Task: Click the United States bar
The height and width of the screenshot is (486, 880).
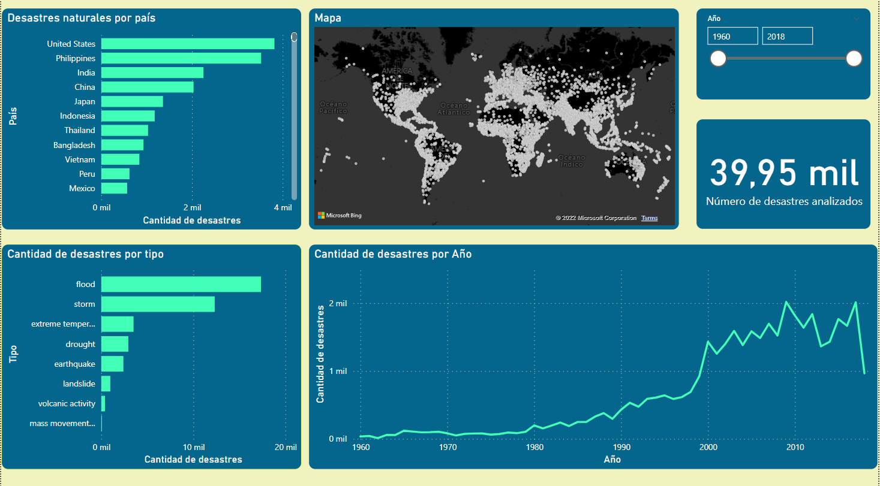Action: coord(187,44)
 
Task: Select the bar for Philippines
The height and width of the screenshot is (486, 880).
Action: coord(181,58)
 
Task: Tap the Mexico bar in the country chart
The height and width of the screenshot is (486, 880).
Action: coord(114,188)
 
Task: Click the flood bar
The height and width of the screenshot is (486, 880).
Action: coord(181,284)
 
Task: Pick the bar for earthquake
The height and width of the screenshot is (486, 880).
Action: coord(112,364)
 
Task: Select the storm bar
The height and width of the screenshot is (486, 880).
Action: coord(158,304)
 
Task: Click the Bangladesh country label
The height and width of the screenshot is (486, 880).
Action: coord(74,145)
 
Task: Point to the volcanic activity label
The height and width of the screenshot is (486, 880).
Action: coord(67,403)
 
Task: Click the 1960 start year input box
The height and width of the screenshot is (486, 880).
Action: coord(732,37)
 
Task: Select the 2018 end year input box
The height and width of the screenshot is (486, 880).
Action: coord(787,37)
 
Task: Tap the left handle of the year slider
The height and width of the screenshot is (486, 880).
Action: coord(718,58)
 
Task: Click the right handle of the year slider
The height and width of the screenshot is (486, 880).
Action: coord(854,58)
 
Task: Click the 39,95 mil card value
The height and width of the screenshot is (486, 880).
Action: coord(784,173)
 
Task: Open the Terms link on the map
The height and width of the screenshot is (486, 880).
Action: coord(649,218)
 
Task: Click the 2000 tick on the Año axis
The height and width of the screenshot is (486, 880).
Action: coord(708,448)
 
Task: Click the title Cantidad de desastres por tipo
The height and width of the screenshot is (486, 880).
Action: coord(85,254)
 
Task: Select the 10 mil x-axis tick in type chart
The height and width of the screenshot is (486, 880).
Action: coord(194,447)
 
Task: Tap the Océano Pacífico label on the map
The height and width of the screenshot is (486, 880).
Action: coord(333,107)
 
